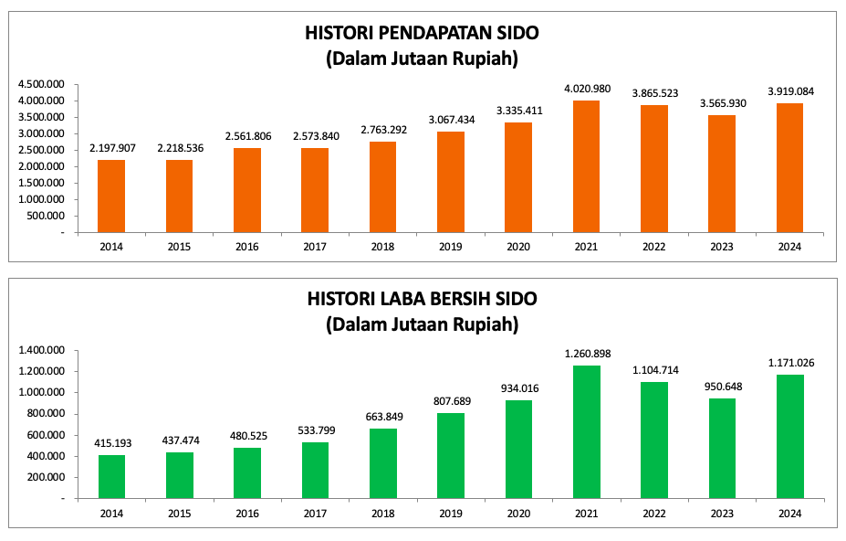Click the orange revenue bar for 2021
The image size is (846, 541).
tap(587, 166)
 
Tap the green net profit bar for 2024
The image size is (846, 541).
tap(790, 436)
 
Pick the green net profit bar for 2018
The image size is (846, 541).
tap(383, 462)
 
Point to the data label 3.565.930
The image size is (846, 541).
tap(723, 103)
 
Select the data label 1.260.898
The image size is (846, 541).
tap(587, 354)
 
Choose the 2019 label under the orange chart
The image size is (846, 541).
tap(451, 247)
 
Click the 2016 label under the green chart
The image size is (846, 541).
tap(247, 513)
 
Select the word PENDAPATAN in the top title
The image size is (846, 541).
tap(422, 34)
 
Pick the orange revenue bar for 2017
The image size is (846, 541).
tap(316, 190)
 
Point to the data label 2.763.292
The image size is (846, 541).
tap(383, 130)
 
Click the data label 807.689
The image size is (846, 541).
tap(451, 401)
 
